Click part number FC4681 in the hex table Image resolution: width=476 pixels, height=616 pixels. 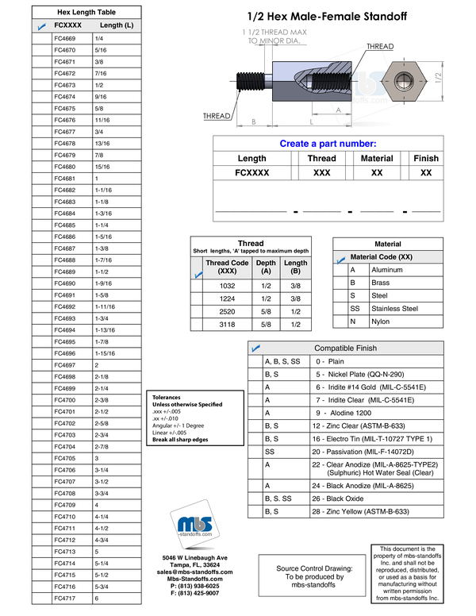tap(65, 179)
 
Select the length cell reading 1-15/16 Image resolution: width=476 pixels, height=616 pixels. tap(105, 353)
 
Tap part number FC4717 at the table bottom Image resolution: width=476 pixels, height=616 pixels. tap(65, 599)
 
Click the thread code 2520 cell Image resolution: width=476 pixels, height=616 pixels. tap(227, 311)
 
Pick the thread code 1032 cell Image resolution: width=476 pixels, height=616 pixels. tap(227, 286)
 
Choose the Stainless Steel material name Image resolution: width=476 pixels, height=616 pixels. tap(395, 308)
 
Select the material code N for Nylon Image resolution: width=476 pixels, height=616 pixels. tap(353, 321)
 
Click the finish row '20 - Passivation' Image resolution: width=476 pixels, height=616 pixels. tap(363, 452)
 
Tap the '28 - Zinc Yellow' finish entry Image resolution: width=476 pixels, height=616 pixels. tap(360, 511)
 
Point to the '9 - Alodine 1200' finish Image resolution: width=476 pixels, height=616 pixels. tap(344, 413)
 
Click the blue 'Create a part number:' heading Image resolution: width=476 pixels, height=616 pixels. tap(328, 144)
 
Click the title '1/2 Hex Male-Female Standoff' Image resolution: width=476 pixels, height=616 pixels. tap(327, 17)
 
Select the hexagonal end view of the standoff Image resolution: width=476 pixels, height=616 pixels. tap(404, 81)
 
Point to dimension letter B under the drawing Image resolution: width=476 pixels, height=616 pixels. tap(254, 121)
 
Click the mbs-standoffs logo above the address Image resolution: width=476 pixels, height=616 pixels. tap(195, 524)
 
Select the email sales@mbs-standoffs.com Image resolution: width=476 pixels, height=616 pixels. tap(195, 572)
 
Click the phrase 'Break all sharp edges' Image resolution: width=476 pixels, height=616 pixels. tap(180, 440)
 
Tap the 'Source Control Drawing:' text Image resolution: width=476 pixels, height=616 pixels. tap(315, 568)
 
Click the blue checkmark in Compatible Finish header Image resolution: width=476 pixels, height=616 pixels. tap(256, 348)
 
